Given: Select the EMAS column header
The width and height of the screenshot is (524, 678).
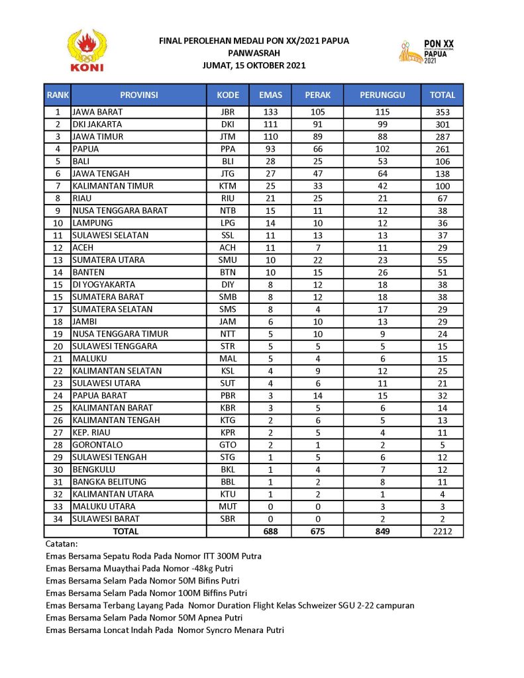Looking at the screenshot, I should [x=270, y=95].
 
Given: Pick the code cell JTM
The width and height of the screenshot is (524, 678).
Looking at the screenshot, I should [x=227, y=137].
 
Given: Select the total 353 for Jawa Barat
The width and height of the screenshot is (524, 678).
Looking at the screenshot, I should [x=443, y=113].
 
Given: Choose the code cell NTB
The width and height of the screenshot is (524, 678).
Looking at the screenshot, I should [x=227, y=211].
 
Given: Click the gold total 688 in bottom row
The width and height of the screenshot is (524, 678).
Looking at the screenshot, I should [x=270, y=531].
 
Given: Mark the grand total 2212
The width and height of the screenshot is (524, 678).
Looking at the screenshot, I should [x=443, y=531].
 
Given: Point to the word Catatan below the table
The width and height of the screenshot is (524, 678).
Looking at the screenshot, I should [x=62, y=544].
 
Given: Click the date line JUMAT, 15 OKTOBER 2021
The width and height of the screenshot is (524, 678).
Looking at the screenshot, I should [x=254, y=65].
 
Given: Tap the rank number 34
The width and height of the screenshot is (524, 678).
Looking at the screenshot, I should [x=58, y=518].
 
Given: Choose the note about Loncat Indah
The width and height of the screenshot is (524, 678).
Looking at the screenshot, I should [x=165, y=630].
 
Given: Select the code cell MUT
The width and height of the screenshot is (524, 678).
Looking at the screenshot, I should [x=227, y=507].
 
